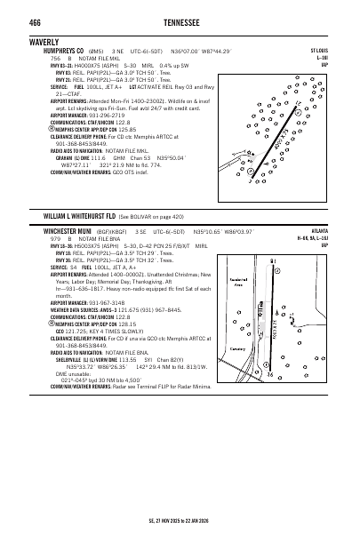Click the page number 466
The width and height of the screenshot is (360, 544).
click(15, 22)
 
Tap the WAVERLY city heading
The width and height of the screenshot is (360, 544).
click(31, 42)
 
